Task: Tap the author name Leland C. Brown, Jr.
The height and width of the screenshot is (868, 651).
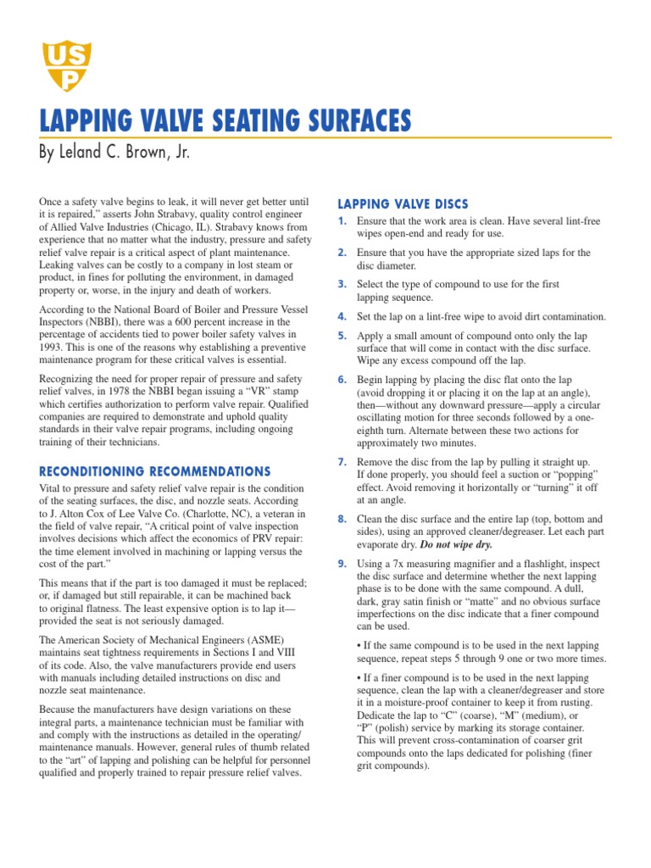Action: [x=128, y=153]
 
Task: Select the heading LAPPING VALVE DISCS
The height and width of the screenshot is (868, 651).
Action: [x=403, y=203]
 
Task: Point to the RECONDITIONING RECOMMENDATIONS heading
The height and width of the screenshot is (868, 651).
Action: [x=155, y=471]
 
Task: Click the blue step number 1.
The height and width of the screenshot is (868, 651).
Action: [x=342, y=221]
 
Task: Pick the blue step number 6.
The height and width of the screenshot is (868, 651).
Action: [x=342, y=380]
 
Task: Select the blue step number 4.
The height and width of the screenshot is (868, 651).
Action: [x=342, y=316]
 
